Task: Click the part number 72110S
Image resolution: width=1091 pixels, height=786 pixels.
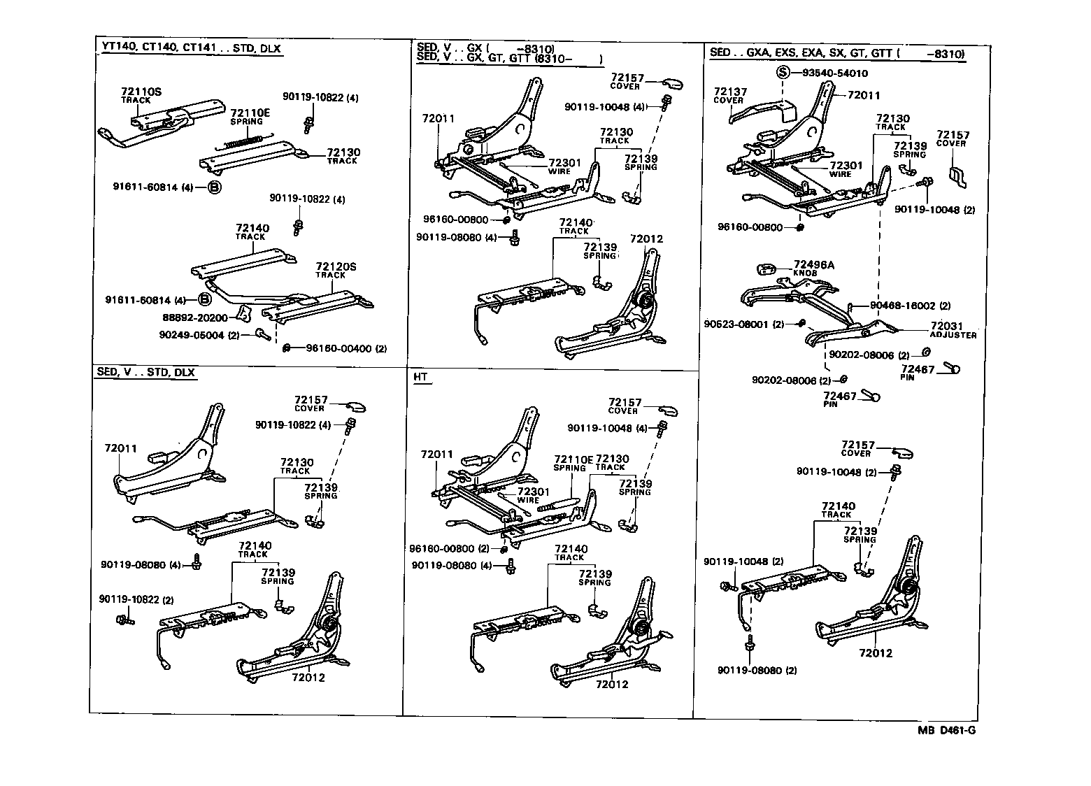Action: click(141, 92)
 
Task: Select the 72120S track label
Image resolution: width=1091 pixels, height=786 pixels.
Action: click(336, 266)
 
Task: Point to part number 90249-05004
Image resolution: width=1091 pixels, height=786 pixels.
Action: click(191, 335)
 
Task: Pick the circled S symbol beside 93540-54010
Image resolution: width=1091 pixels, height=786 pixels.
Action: click(783, 73)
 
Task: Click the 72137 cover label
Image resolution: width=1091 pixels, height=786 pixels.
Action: click(730, 92)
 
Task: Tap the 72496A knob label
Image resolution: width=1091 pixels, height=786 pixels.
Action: click(814, 265)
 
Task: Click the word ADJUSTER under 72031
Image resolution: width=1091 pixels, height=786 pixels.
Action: click(952, 336)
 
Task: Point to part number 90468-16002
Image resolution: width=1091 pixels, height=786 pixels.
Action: click(902, 306)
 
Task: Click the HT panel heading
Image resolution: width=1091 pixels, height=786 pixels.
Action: click(420, 377)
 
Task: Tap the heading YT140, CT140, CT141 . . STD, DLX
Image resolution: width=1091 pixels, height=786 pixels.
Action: click(188, 48)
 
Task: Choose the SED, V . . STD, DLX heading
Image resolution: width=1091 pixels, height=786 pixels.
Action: click(145, 372)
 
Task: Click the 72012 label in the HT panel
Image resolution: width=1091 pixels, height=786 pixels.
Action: click(612, 684)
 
